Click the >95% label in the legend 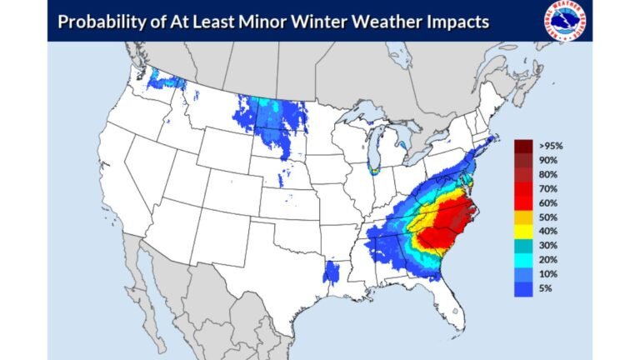549,146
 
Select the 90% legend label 547,160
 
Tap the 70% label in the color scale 547,189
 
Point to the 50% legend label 547,217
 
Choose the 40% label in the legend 547,231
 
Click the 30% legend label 547,246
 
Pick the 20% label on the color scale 547,260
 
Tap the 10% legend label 547,274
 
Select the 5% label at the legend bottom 546,288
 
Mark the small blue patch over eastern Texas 332,272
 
